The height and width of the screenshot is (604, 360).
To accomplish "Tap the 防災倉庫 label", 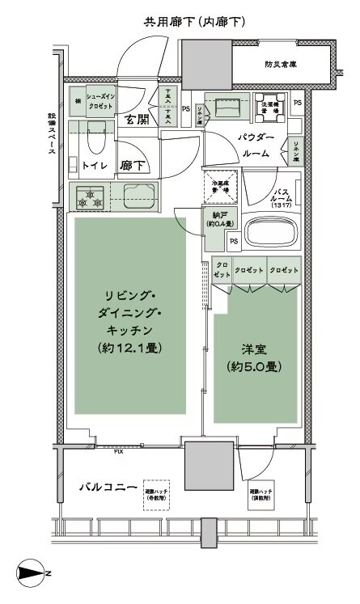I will tap(279, 65).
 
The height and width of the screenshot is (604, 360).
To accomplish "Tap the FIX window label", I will tap(118, 451).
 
